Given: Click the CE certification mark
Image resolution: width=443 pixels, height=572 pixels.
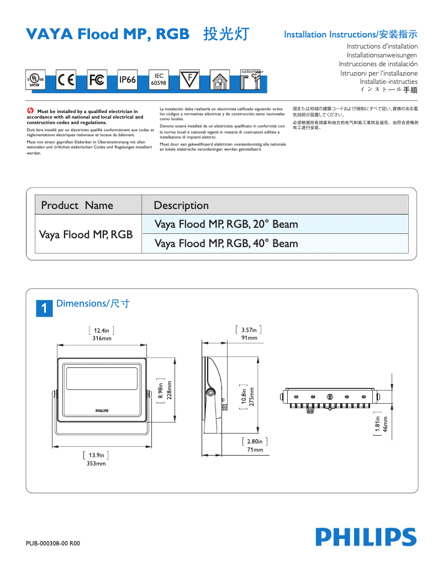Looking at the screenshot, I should pyautogui.click(x=66, y=80).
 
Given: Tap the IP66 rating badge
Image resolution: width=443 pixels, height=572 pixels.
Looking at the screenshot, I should pyautogui.click(x=128, y=80).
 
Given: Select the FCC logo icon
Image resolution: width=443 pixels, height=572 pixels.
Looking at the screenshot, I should pyautogui.click(x=97, y=80).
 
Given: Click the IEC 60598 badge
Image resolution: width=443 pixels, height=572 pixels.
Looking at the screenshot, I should pyautogui.click(x=159, y=79).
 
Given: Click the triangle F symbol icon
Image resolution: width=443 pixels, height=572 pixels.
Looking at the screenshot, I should pyautogui.click(x=189, y=79).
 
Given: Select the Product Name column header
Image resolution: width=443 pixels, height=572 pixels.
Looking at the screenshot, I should pyautogui.click(x=77, y=205).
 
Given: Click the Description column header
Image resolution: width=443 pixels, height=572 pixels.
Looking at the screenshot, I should pyautogui.click(x=181, y=205).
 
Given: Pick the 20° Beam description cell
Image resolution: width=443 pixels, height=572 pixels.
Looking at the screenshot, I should pyautogui.click(x=226, y=224).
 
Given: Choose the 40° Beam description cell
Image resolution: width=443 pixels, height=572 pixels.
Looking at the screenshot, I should pyautogui.click(x=226, y=243).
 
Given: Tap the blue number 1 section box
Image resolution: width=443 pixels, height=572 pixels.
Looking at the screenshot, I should pyautogui.click(x=44, y=308).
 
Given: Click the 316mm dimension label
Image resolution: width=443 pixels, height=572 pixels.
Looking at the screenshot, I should pyautogui.click(x=102, y=338).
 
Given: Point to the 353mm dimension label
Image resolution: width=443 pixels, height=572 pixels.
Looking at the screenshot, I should pyautogui.click(x=96, y=464).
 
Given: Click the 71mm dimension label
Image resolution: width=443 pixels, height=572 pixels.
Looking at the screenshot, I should pyautogui.click(x=255, y=450).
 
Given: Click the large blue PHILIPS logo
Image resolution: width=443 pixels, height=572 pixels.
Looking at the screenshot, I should pyautogui.click(x=366, y=537).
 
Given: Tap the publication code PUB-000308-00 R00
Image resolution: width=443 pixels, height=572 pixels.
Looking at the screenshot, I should pyautogui.click(x=53, y=543).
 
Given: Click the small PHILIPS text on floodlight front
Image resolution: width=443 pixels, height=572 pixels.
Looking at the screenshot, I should pyautogui.click(x=101, y=411).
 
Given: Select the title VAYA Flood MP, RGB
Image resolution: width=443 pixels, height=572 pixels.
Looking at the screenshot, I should pyautogui.click(x=108, y=34).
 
